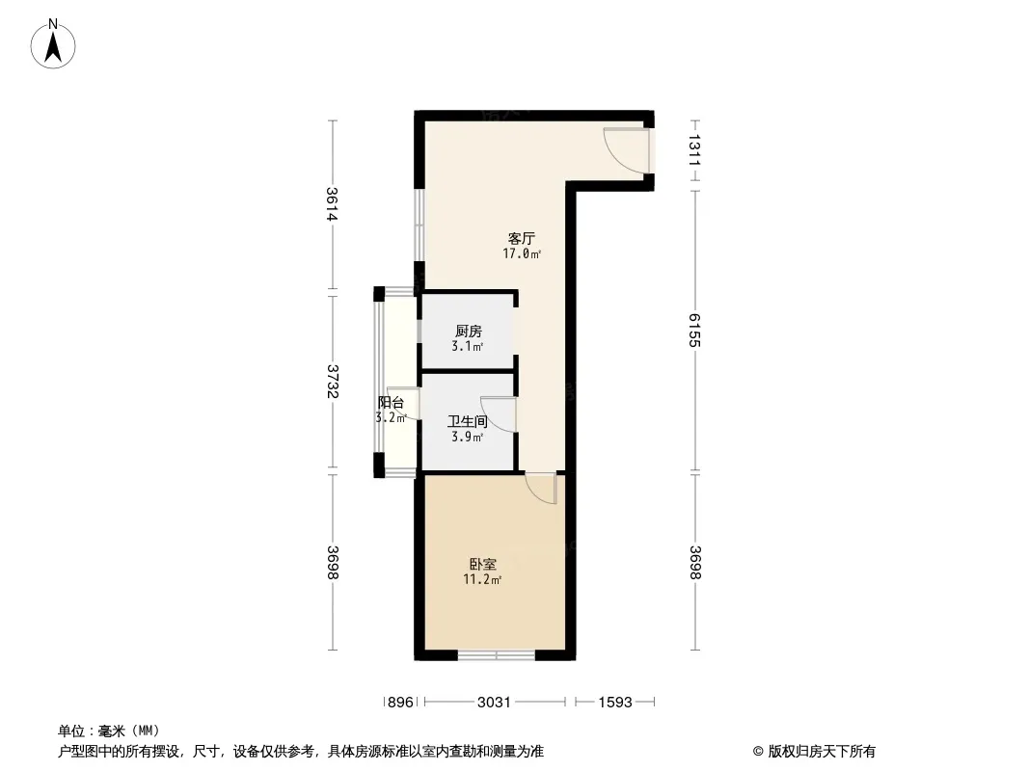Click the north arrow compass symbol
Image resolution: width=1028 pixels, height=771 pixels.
[x=53, y=43]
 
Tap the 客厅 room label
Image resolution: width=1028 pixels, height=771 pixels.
[x=521, y=238]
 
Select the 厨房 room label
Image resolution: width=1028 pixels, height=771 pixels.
[x=468, y=331]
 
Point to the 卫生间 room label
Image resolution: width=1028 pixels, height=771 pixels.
[x=468, y=421]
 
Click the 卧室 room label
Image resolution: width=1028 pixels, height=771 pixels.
[x=482, y=564]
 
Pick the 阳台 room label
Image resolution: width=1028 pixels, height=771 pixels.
[x=391, y=403]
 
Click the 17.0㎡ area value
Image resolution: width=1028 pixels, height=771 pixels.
[x=522, y=253]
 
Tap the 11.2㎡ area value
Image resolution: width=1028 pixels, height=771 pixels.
[x=482, y=579]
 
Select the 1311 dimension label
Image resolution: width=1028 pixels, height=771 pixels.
[x=695, y=150]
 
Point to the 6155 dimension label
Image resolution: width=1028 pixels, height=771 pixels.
[x=695, y=331]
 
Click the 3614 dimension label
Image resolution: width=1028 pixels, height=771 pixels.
[x=332, y=203]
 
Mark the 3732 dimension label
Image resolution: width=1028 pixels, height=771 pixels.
[x=332, y=381]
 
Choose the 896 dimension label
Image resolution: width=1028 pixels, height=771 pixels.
[x=400, y=703]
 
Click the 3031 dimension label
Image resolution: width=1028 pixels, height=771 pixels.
[x=494, y=703]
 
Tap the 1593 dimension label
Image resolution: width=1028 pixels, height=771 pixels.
[x=615, y=703]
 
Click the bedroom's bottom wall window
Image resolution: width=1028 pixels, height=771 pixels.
[x=497, y=654]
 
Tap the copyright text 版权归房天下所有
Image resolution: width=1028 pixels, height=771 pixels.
[x=822, y=752]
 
